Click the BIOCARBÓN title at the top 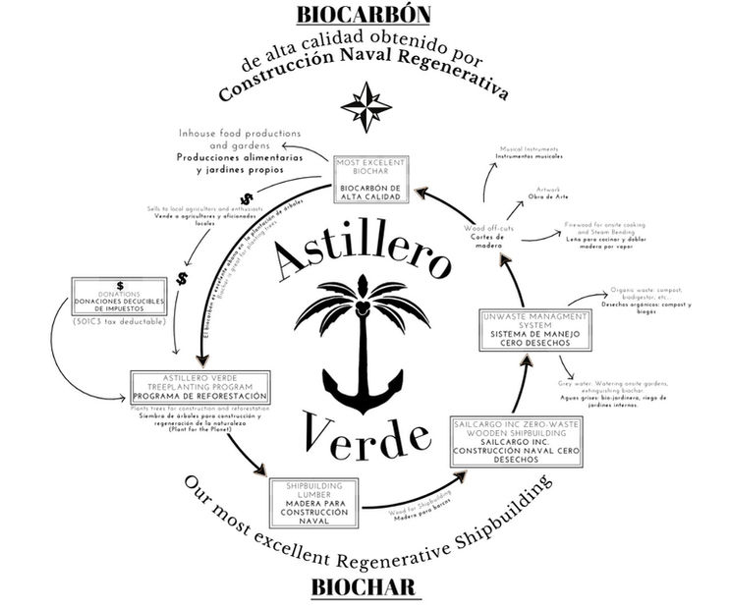click(365, 17)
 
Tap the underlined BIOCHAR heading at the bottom click(365, 587)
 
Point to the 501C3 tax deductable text click(119, 321)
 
